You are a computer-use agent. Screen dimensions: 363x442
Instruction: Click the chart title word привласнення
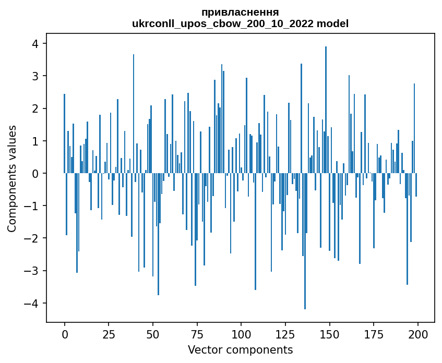pos(240,12)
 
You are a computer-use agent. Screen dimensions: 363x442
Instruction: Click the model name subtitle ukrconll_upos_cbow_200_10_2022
pos(223,23)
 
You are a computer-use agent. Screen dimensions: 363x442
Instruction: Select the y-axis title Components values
pos(12,178)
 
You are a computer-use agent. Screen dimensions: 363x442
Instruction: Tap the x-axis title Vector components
pos(240,349)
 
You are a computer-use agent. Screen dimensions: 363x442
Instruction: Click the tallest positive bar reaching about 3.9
pos(326,110)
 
